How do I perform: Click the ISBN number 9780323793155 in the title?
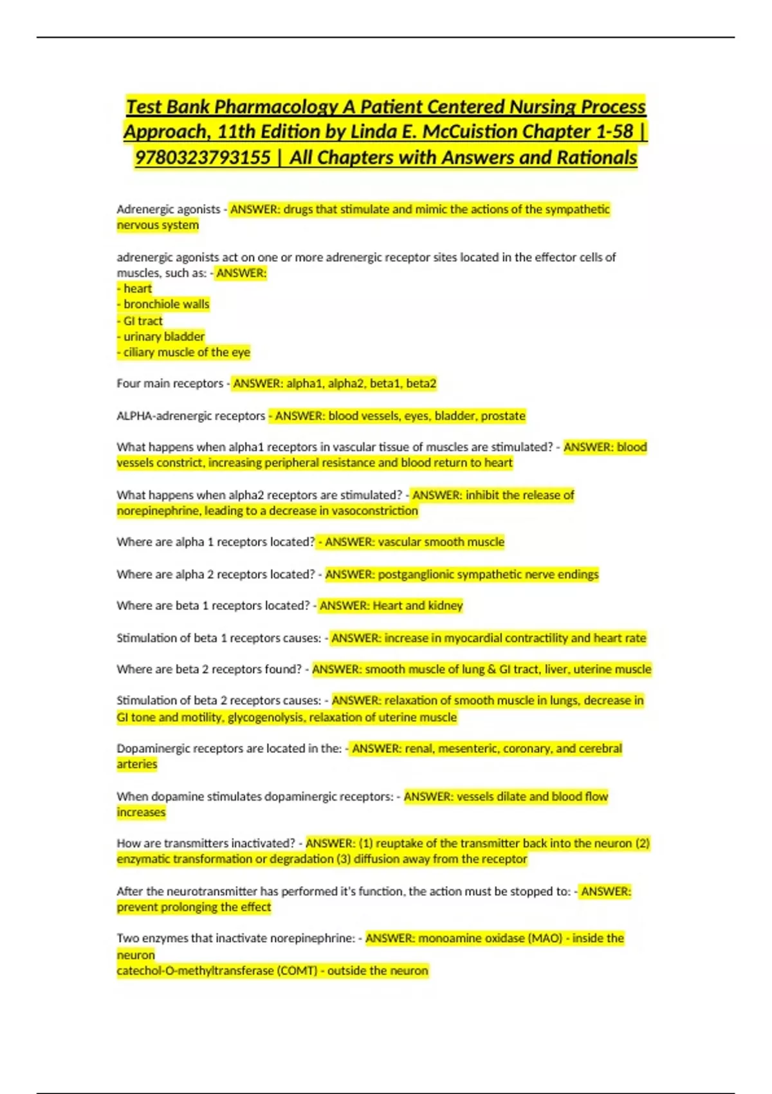point(203,158)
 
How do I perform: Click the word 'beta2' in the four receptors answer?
point(421,384)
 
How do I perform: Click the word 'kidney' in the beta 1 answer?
point(445,606)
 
